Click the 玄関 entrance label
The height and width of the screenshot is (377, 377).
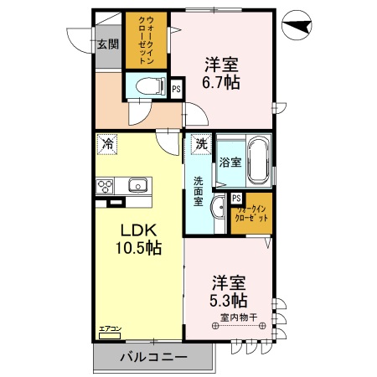click(106, 44)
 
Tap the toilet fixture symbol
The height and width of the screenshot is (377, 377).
click(149, 85)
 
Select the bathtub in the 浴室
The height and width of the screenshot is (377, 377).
click(258, 161)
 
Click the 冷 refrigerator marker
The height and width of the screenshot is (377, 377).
click(106, 144)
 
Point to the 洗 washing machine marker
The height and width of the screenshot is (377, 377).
click(200, 144)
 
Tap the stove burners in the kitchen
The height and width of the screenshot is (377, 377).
click(106, 186)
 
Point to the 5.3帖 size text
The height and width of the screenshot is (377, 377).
click(229, 300)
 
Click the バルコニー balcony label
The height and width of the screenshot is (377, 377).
click(153, 358)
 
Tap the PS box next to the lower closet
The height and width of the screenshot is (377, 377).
click(237, 199)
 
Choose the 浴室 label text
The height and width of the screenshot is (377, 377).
click(230, 162)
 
